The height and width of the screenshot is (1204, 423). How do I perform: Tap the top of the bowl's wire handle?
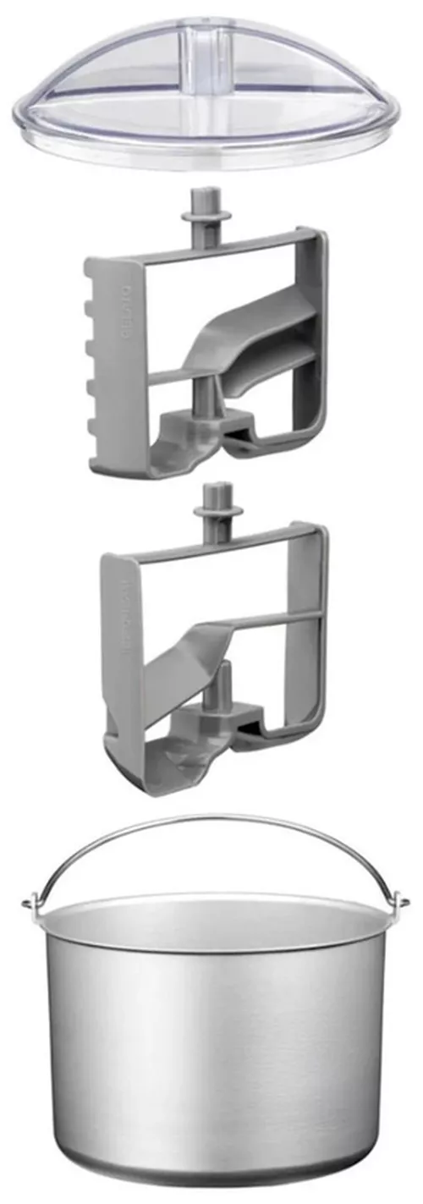click(211, 818)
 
